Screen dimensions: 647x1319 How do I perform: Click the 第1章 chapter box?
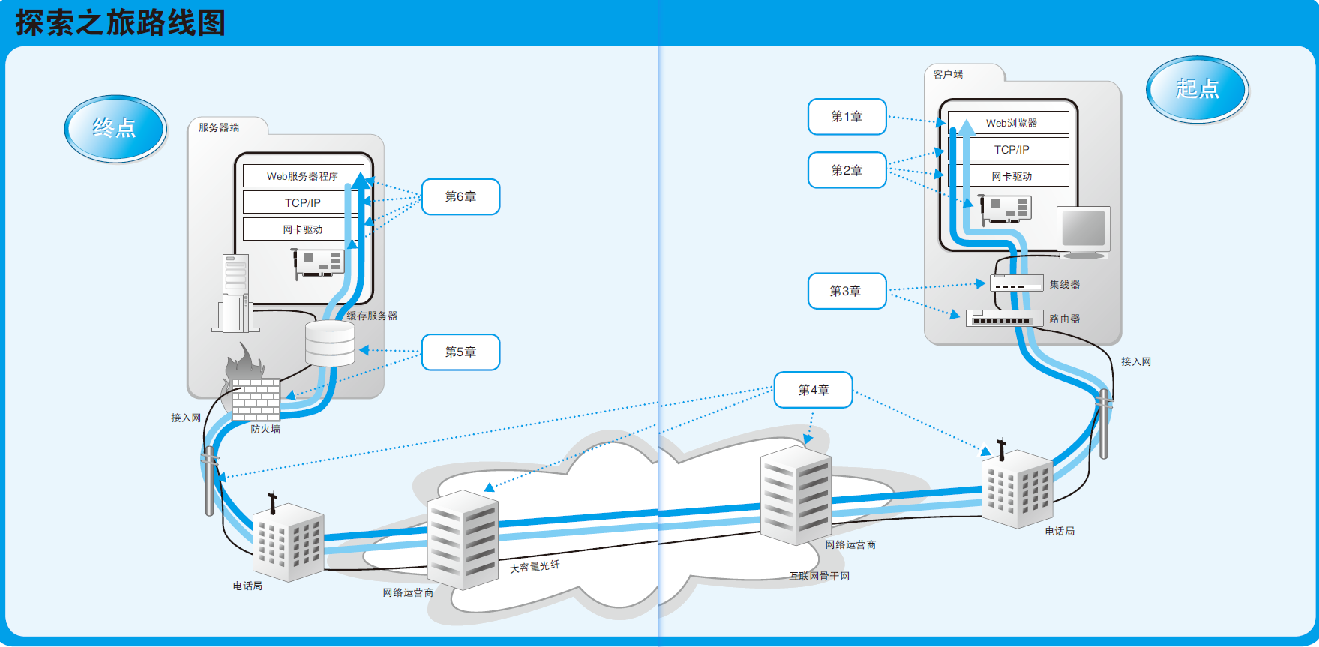[847, 117]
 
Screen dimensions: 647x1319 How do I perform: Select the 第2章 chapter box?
[847, 171]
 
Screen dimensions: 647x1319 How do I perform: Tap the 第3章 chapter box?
[847, 291]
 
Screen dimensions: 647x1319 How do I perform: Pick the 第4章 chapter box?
[813, 390]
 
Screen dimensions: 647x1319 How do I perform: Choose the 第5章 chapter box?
[460, 352]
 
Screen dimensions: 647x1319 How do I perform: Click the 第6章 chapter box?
[460, 197]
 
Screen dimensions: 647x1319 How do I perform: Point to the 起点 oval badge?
[1197, 89]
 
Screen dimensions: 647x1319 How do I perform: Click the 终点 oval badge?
[115, 128]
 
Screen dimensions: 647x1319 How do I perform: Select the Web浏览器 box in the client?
[1010, 123]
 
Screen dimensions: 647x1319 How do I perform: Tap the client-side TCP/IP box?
[1011, 149]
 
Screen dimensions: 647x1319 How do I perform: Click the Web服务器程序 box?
[302, 176]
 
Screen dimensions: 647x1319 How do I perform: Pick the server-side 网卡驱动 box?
[302, 229]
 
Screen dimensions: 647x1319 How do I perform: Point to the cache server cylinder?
[330, 343]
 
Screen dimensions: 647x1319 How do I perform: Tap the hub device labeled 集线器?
[1016, 283]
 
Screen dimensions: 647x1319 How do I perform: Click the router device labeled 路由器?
[1005, 319]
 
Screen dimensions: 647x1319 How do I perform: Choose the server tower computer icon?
[235, 293]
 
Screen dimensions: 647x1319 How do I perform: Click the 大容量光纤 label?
[535, 567]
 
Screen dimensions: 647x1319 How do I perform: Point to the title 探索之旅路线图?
[121, 23]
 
